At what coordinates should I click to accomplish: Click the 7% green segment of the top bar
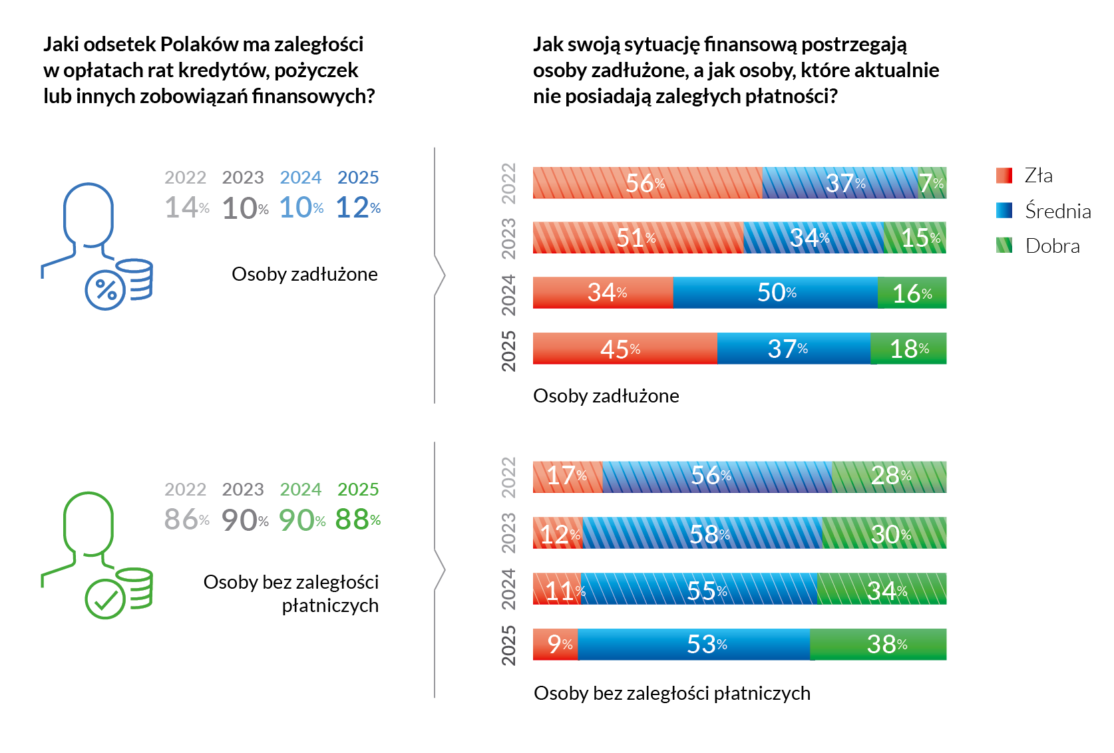[932, 183]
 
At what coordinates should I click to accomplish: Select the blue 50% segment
[775, 293]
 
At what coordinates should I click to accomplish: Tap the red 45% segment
[624, 349]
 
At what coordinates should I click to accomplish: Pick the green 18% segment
[908, 349]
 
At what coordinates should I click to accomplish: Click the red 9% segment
[555, 644]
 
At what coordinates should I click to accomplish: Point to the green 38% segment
[878, 644]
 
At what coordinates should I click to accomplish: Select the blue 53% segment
[694, 644]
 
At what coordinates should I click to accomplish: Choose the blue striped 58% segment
[702, 533]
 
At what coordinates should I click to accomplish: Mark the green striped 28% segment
[889, 476]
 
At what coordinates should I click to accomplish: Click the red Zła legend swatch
[1004, 176]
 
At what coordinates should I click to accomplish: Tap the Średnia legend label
[1058, 212]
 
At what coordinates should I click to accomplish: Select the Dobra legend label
[1053, 246]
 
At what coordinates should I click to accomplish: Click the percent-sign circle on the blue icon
[105, 291]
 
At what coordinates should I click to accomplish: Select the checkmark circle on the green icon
[105, 599]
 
